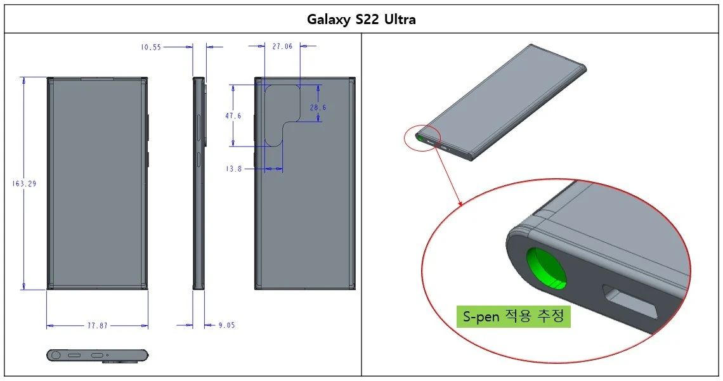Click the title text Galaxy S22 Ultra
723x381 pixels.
(x=361, y=19)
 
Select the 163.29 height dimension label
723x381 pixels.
(x=24, y=184)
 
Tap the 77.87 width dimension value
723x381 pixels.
(x=97, y=325)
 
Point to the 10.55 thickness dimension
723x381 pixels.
(x=152, y=46)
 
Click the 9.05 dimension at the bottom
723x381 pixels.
(x=226, y=325)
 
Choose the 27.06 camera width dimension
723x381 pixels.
(x=282, y=46)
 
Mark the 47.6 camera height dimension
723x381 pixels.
(x=233, y=116)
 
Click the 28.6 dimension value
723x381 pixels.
(x=318, y=108)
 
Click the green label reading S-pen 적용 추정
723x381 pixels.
(x=513, y=316)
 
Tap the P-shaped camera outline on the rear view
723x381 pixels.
(x=282, y=114)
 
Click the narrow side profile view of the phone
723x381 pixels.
(x=199, y=184)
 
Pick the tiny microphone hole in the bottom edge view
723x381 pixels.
(x=107, y=355)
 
